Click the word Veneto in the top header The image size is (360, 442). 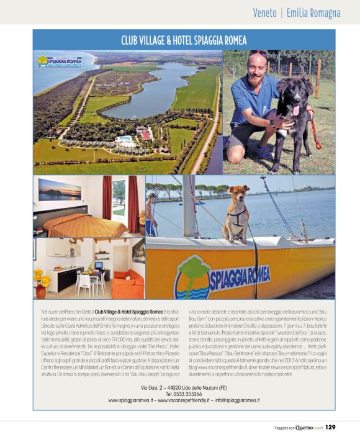265,13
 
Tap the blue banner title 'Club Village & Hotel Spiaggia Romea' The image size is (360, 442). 184,40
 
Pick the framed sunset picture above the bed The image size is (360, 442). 59,190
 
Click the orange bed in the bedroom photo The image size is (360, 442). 74,225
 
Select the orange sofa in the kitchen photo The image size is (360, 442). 126,284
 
